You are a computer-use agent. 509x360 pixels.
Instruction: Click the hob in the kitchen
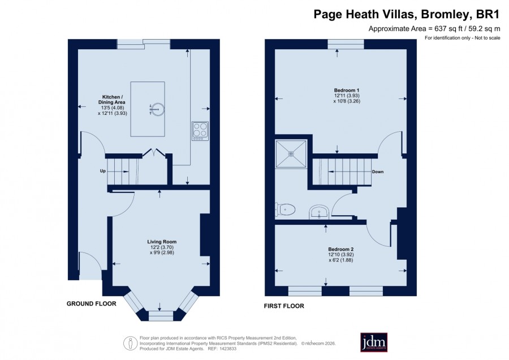coord(200,131)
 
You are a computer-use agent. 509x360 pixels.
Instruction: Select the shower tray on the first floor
coord(291,154)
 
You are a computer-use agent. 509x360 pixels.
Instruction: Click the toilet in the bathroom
coord(285,209)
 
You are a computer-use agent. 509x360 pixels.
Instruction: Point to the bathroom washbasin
coord(320,212)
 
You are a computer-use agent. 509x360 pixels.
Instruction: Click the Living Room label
coord(162,242)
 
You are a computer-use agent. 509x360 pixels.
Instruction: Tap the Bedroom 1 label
coord(346,91)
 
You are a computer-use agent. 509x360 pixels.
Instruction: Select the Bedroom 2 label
coord(340,249)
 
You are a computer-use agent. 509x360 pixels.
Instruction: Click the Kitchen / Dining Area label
coord(112,100)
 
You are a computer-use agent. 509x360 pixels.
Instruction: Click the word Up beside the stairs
coord(102,171)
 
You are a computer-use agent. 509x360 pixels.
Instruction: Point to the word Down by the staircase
coord(378,172)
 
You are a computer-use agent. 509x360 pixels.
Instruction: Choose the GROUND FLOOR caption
coord(91,303)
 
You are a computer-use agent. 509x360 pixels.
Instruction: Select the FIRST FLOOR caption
coord(284,306)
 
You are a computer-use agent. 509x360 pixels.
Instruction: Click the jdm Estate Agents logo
coord(374,342)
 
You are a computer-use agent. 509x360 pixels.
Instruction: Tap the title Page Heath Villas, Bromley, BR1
coord(406,14)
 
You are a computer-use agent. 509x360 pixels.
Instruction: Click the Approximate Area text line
coord(434,29)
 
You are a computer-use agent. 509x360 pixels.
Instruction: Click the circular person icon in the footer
coord(131,343)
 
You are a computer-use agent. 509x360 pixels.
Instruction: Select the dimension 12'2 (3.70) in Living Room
coord(162,247)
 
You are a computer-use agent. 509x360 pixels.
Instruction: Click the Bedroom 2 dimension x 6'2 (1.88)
coord(340,260)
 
